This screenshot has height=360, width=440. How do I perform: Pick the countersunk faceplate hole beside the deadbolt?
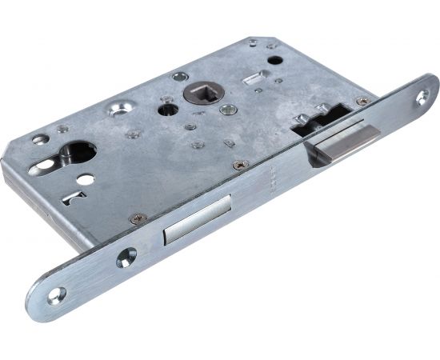[x=126, y=257]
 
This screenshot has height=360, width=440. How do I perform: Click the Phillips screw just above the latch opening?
[x=362, y=102]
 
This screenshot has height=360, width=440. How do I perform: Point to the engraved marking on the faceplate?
[x=275, y=173]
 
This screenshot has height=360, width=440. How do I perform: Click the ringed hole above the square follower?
[x=180, y=77]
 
